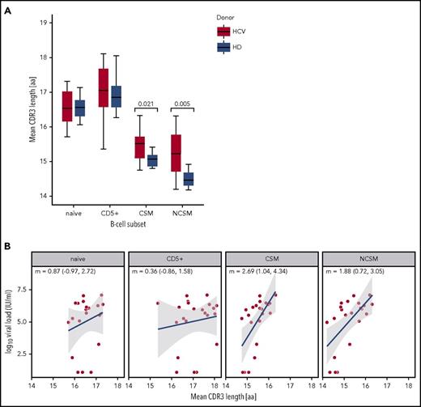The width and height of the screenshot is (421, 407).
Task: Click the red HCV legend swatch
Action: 224,32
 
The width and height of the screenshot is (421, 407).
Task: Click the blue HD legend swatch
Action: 224,48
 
